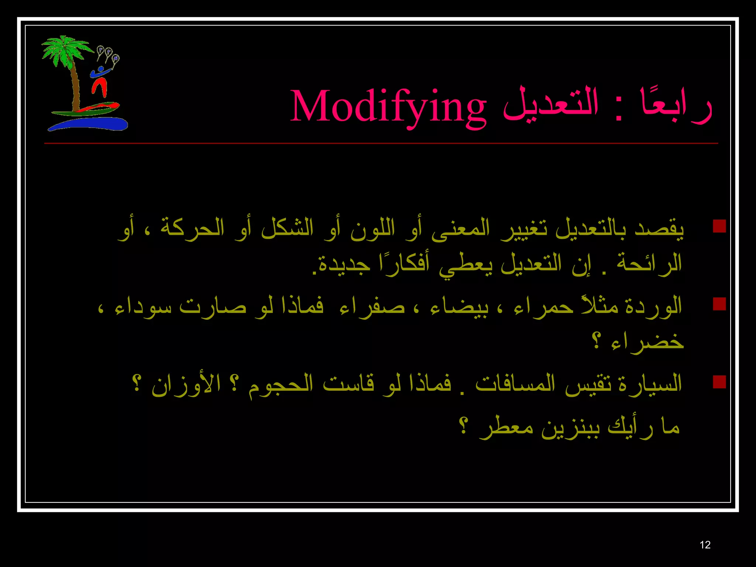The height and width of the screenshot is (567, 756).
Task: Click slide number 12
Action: (705, 545)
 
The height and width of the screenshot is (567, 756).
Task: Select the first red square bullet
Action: (719, 226)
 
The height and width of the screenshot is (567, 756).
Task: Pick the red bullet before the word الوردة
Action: (719, 304)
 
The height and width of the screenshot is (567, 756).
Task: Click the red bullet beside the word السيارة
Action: (719, 382)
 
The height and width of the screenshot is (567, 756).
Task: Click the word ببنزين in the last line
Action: (570, 427)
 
